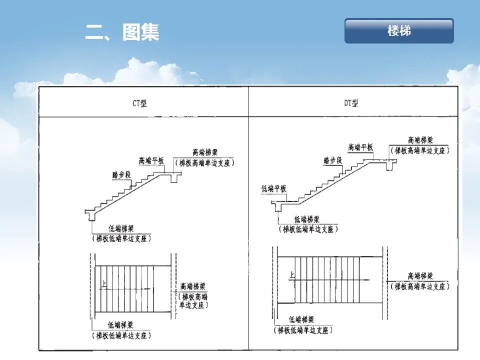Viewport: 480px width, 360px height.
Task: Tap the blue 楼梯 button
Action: click(x=399, y=31)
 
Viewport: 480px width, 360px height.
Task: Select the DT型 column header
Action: click(x=351, y=103)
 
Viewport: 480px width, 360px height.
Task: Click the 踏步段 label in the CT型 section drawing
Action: click(x=121, y=175)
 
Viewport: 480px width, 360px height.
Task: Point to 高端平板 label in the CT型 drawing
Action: click(x=151, y=161)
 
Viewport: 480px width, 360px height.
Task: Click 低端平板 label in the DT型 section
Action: click(x=274, y=188)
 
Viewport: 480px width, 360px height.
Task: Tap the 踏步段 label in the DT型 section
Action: click(x=332, y=160)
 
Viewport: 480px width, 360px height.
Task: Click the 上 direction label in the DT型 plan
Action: click(x=292, y=274)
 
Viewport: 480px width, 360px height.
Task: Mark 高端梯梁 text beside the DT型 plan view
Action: click(x=420, y=276)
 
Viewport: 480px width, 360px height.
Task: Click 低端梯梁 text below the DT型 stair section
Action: click(x=307, y=219)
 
